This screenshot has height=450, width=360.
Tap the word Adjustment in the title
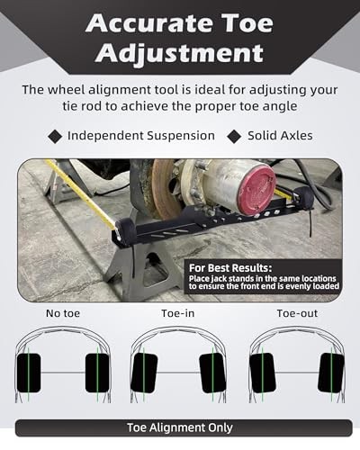click(180, 53)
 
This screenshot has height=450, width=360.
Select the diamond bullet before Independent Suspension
click(55, 136)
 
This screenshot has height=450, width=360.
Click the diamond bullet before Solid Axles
click(235, 136)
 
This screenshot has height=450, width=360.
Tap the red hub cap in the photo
click(255, 190)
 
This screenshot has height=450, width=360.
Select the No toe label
click(66, 314)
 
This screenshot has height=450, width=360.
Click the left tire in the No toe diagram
click(29, 373)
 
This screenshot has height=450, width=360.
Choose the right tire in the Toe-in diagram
click(212, 373)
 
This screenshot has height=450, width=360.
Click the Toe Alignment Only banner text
click(180, 428)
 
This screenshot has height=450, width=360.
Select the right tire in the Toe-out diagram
click(330, 373)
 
